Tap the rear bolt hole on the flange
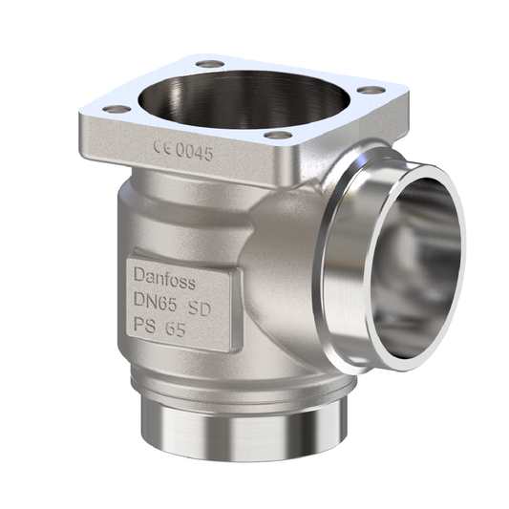coord(211,64)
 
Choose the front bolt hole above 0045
coord(278,135)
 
